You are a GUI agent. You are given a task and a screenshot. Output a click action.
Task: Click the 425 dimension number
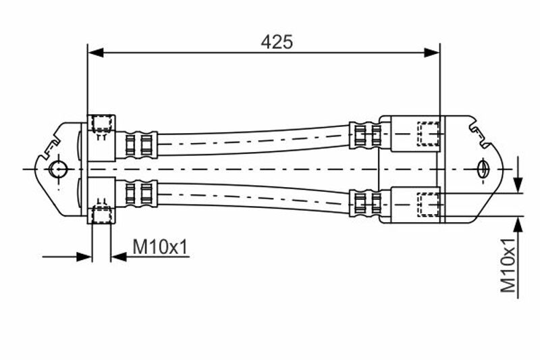pos(277,43)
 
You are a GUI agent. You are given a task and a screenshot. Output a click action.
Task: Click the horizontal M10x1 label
pos(161,247)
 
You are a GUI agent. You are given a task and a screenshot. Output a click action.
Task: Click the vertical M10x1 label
pos(509,265)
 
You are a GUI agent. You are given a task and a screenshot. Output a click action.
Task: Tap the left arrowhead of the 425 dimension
pos(96,53)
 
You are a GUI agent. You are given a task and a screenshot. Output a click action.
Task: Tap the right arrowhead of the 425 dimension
pos(432,53)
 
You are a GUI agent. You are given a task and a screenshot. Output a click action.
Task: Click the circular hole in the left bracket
pos(58,169)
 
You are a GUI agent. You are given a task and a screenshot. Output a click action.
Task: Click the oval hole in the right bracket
pos(483,169)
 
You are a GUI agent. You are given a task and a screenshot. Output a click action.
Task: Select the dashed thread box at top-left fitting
pos(102,124)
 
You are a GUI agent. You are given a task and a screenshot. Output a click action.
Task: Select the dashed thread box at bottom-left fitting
pos(102,214)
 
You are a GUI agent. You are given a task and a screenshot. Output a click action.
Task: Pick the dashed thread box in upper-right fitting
pos(428,134)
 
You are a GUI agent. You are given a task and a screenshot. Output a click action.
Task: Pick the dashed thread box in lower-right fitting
pos(428,205)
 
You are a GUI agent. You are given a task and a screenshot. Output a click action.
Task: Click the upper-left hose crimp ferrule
pos(137,145)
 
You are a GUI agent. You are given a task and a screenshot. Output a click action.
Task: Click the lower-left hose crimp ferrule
pos(137,193)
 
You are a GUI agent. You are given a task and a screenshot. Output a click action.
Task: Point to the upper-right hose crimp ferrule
pos(365,135)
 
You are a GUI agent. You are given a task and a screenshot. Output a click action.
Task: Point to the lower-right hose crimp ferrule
pos(365,203)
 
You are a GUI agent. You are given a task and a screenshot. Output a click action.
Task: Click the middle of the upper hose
pos(253,140)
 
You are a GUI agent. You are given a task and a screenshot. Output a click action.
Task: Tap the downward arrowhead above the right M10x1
pos(518,184)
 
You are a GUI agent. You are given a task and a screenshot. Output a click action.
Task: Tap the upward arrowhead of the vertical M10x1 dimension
pos(518,225)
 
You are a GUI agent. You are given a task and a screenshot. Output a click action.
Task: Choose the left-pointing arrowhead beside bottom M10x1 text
pos(119,257)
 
